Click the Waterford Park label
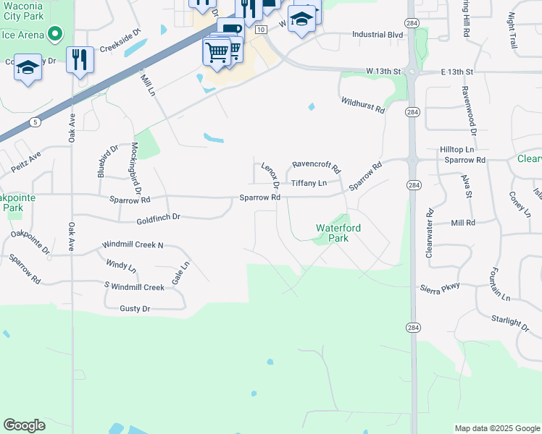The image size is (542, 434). pyautogui.click(x=338, y=233)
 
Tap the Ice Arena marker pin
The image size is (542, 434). pyautogui.click(x=54, y=33)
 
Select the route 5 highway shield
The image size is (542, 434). pyautogui.click(x=35, y=122)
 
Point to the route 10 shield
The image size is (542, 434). pyautogui.click(x=259, y=26)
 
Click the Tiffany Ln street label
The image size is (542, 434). pyautogui.click(x=309, y=183)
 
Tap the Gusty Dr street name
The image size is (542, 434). pyautogui.click(x=135, y=309)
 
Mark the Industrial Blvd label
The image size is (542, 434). pyautogui.click(x=377, y=34)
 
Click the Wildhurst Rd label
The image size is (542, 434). pyautogui.click(x=362, y=106)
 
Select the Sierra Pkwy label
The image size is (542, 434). pyautogui.click(x=440, y=287)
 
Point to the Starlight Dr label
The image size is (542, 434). pyautogui.click(x=509, y=320)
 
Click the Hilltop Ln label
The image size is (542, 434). pyautogui.click(x=456, y=148)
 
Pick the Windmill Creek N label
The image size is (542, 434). pyautogui.click(x=133, y=245)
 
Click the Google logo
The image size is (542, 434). pyautogui.click(x=24, y=425)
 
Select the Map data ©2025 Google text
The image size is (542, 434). pyautogui.click(x=496, y=428)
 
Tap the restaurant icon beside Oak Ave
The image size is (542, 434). pyautogui.click(x=80, y=59)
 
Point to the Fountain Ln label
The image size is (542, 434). pyautogui.click(x=499, y=284)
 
